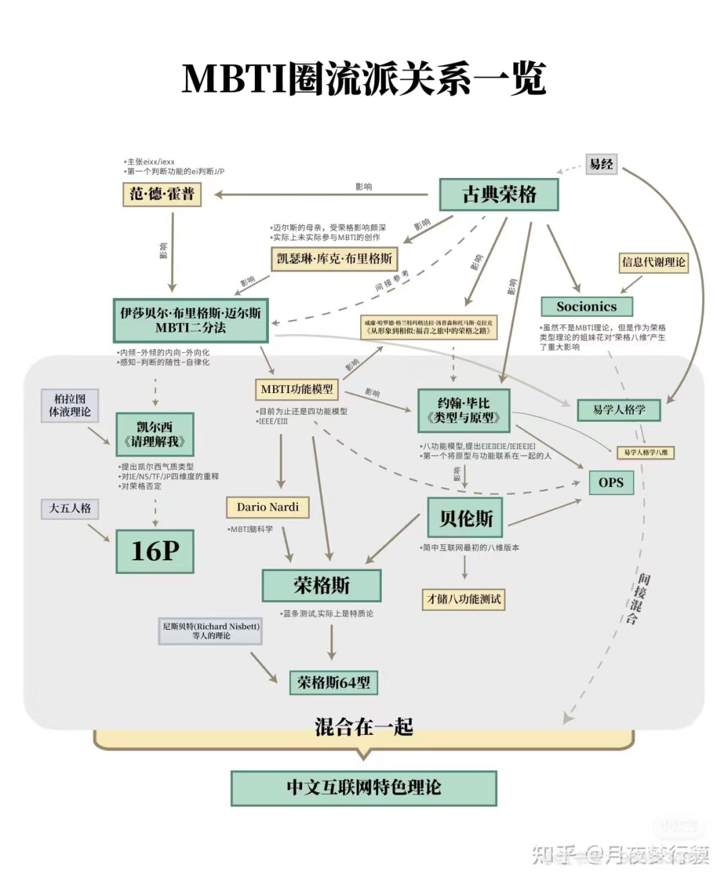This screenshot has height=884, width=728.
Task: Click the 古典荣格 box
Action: pos(499,194)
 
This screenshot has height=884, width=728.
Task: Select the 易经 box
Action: pos(601,164)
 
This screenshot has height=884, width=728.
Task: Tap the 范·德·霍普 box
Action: pos(162,194)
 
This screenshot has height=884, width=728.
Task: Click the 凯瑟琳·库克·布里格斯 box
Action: pos(334,258)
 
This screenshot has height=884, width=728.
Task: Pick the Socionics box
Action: pos(586,307)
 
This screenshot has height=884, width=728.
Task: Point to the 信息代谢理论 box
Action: pos(653,262)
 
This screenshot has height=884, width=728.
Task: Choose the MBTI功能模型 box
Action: pos(297,389)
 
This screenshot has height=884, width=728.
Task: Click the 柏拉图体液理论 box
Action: pos(70,405)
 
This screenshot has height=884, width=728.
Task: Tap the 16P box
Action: pos(155,551)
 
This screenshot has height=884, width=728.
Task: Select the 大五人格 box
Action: pos(70,508)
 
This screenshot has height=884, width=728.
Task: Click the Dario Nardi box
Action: pos(268,507)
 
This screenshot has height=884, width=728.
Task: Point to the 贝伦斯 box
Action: pos(465,519)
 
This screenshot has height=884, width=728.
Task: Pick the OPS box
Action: pos(611,482)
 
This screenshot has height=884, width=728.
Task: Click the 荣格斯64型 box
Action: pos(334,682)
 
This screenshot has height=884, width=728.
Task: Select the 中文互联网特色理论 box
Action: pos(364,788)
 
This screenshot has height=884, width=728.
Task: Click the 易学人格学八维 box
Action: pos(645,452)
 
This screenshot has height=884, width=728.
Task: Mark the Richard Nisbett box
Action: pos(210,630)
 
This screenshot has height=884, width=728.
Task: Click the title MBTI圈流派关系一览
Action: pos(364,79)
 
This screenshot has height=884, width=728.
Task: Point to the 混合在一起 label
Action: pos(364,727)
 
